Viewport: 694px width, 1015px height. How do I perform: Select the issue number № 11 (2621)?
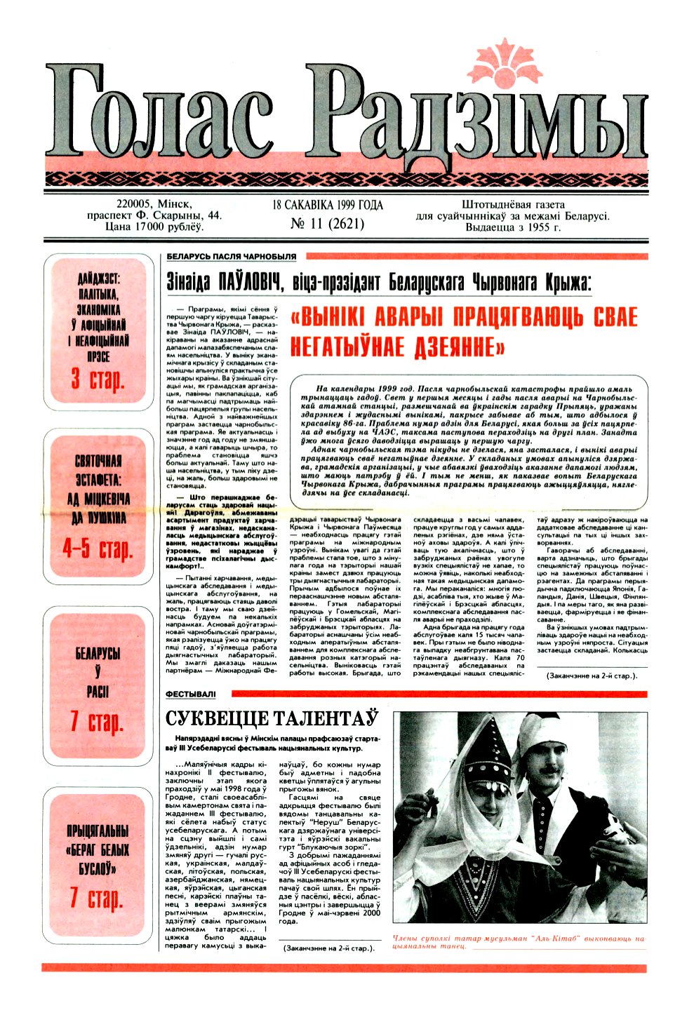click(x=327, y=224)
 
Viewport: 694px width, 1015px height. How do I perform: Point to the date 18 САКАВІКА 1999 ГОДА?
click(x=328, y=206)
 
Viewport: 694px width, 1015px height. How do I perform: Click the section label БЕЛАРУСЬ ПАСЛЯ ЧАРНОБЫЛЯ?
click(x=231, y=257)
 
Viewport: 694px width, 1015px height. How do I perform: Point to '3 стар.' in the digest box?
click(x=98, y=379)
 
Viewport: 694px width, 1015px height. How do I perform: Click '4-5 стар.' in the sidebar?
click(x=98, y=548)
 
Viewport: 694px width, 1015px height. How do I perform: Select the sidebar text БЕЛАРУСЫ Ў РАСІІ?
click(x=98, y=673)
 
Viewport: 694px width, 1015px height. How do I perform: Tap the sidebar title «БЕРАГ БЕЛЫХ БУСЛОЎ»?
click(x=98, y=849)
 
